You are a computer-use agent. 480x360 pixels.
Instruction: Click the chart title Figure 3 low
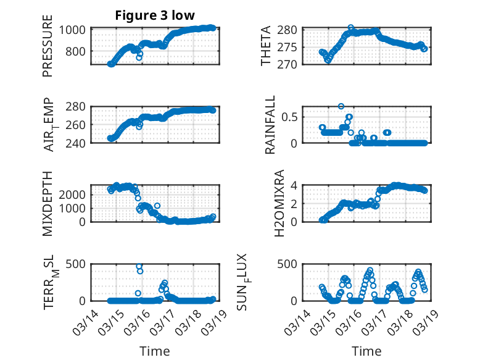tap(155, 16)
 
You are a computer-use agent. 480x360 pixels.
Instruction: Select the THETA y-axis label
tap(266, 46)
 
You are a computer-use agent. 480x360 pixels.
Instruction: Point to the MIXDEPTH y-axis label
tap(48, 203)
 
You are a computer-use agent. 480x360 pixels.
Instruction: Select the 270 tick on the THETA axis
tap(291, 64)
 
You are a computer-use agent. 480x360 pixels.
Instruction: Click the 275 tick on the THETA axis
tap(291, 47)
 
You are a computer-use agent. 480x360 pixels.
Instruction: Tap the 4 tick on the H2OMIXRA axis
tap(296, 185)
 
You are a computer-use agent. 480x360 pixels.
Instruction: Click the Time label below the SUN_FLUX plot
tap(366, 351)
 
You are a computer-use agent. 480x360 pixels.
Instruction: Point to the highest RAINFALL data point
tap(341, 106)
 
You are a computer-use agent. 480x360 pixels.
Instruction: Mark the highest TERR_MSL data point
tap(139, 267)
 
